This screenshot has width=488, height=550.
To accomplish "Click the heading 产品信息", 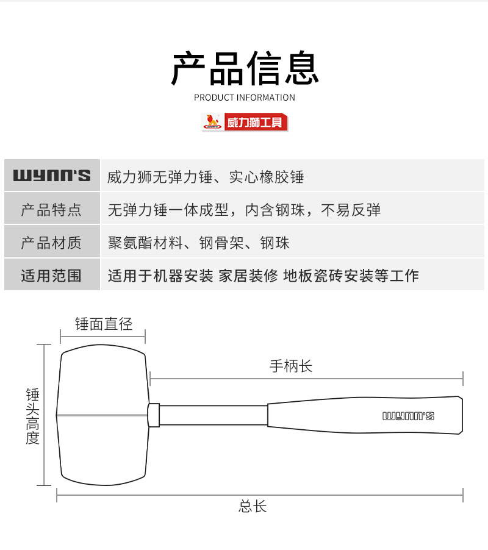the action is (245, 68).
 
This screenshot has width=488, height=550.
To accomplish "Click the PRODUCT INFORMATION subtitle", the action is (245, 98).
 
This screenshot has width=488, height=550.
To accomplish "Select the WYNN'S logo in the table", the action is (52, 177).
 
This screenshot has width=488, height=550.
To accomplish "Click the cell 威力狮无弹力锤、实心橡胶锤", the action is (206, 177).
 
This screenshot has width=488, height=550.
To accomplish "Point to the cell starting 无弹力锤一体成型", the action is (244, 210).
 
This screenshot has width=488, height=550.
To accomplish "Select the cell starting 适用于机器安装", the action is (263, 276).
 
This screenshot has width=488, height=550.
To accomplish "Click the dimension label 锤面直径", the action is (103, 324).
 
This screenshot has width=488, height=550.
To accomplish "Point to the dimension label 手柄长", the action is (291, 366).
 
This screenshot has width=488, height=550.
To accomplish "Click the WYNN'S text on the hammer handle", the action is (408, 416).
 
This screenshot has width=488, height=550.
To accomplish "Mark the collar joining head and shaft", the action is (154, 415).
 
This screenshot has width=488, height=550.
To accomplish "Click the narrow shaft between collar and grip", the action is (213, 415).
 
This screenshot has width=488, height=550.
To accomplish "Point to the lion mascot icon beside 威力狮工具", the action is (212, 122).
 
